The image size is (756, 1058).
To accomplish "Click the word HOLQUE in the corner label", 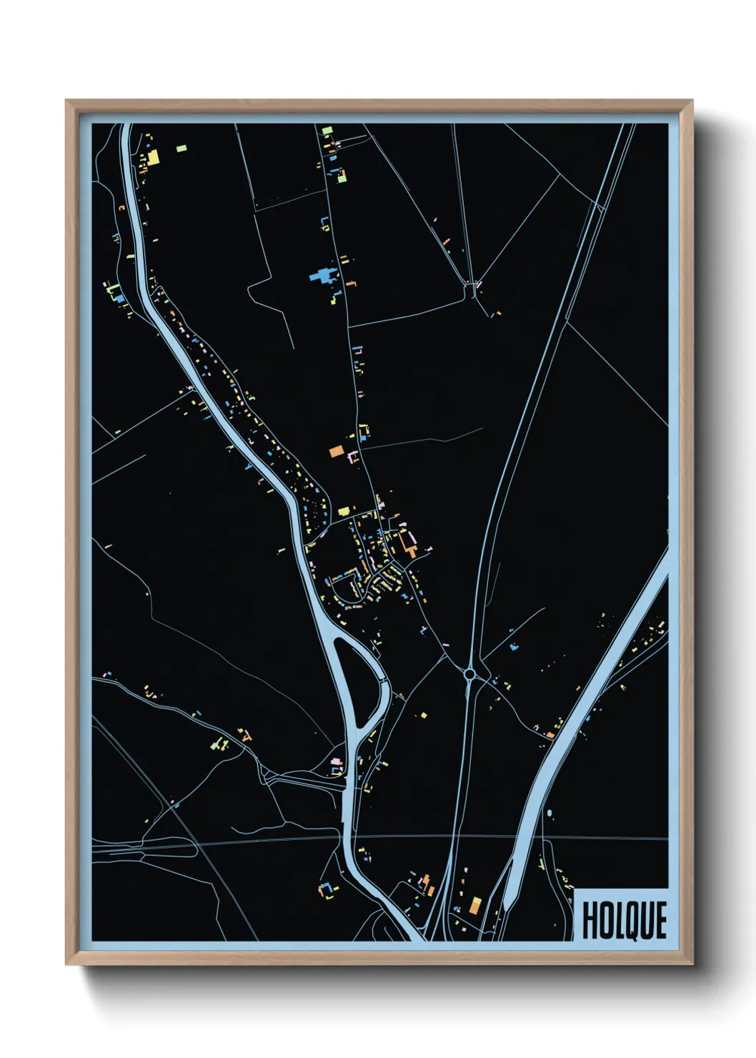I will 624,920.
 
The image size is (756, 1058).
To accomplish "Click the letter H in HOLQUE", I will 590,921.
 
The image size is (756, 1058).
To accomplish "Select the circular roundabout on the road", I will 469,673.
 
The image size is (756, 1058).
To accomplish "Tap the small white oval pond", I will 549,813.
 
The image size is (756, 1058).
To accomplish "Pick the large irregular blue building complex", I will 322,275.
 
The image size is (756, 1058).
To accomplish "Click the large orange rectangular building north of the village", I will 337,451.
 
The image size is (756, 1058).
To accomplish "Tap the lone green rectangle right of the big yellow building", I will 181,148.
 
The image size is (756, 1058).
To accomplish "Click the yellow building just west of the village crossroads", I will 344,511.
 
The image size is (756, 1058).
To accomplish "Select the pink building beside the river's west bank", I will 336,762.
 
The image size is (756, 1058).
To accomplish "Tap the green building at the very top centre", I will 327,131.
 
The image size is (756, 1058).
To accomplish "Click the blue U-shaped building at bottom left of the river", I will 328,889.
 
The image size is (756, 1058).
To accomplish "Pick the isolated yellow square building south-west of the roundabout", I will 423,714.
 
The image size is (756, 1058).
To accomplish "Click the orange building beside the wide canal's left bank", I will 550,733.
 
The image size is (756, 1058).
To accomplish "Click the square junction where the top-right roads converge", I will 471,290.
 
